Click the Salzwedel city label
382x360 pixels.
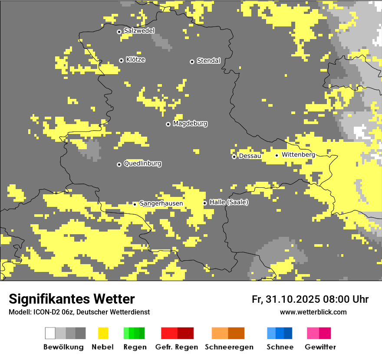(x=139, y=31)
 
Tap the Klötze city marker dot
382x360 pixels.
(x=121, y=60)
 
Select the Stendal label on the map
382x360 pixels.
(x=208, y=61)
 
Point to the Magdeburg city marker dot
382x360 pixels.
(x=168, y=124)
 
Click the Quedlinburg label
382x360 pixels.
(x=142, y=164)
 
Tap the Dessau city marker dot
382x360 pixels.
(x=234, y=157)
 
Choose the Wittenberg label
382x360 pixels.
(x=298, y=154)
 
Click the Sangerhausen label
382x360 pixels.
(x=161, y=203)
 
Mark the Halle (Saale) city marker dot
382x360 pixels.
(x=205, y=203)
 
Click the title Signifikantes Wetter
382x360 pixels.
(x=72, y=299)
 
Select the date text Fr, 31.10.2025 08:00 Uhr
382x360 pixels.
(x=310, y=299)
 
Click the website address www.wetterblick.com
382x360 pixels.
(x=313, y=312)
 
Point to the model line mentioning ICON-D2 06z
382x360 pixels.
(x=79, y=312)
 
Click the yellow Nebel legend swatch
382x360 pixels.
(x=103, y=333)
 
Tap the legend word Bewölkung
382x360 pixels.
(x=63, y=347)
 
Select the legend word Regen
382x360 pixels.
(x=134, y=347)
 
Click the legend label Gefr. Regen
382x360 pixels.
(x=176, y=347)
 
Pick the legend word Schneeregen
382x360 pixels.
(x=229, y=347)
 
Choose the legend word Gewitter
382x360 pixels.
(x=320, y=347)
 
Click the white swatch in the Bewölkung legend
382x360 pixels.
(x=50, y=333)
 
